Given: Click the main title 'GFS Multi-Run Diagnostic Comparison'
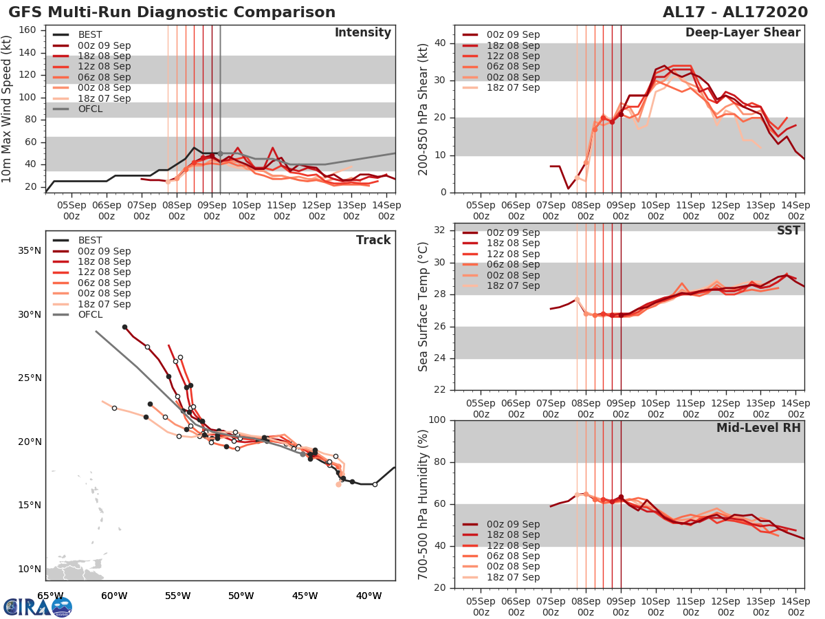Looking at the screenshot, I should (172, 12).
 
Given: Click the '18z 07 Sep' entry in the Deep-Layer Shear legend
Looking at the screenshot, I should (513, 87).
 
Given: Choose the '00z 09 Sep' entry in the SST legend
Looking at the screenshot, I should (513, 232).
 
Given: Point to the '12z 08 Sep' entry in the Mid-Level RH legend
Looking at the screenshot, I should (513, 545).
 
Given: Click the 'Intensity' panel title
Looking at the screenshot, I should (362, 33).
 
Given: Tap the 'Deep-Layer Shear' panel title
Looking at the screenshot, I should (742, 33).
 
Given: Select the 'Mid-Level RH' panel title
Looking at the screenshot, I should (758, 428).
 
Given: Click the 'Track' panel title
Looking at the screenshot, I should (373, 240).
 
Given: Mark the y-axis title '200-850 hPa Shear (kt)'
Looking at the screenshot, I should (423, 109).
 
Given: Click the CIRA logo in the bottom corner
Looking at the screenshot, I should (38, 607).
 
